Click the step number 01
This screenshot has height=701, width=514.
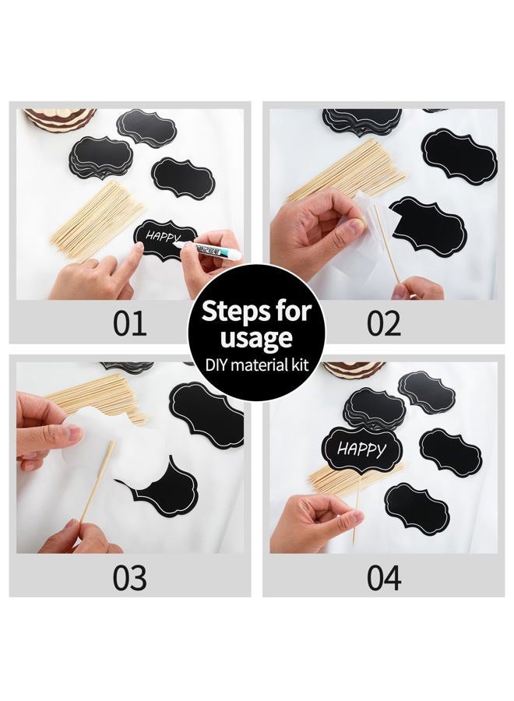pos(129,324)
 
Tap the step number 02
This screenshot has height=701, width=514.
pos(384,324)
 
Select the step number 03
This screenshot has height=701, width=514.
pos(129,578)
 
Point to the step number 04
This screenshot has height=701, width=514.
pos(384,578)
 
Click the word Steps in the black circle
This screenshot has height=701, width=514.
pos(231,311)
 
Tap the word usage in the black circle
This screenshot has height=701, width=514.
pos(256,339)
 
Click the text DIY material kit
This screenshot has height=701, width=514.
pos(257,365)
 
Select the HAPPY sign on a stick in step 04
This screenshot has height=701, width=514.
pos(362,449)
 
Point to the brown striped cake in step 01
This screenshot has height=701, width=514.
pos(59,119)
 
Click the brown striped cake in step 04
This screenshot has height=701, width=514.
pos(354,370)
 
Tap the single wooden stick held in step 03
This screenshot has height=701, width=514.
pos(97,482)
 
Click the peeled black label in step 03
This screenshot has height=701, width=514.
pos(160,488)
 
